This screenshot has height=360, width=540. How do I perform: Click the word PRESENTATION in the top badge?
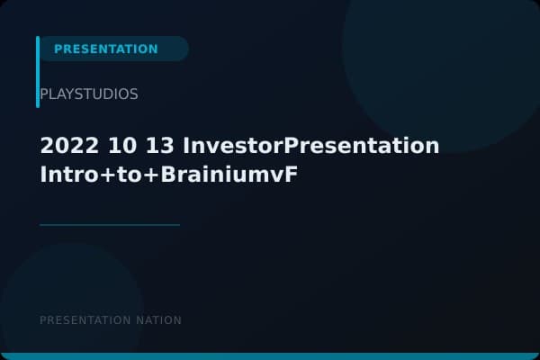(x=105, y=49)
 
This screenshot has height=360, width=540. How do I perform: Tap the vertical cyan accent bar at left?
(x=38, y=72)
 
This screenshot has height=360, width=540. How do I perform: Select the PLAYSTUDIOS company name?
(x=89, y=94)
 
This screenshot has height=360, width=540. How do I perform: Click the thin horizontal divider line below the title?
(x=110, y=225)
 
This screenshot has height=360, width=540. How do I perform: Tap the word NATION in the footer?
(x=158, y=320)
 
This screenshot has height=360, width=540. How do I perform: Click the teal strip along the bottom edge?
(x=270, y=356)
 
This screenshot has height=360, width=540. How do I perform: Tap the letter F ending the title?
(x=291, y=174)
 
